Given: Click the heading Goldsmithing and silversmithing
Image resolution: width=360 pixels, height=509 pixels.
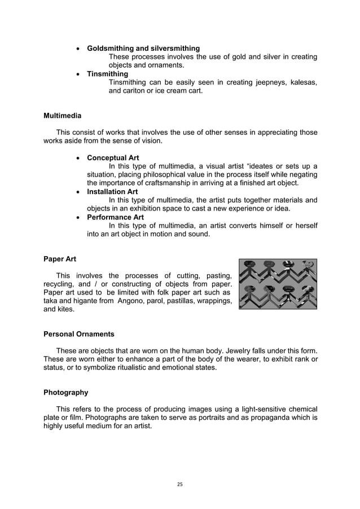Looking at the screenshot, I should click(143, 49).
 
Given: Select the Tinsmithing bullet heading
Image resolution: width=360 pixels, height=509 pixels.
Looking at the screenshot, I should click(107, 74).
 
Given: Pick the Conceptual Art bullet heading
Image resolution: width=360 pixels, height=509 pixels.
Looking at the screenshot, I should click(113, 157).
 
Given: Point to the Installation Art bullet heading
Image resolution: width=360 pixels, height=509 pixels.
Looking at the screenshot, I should click(112, 191).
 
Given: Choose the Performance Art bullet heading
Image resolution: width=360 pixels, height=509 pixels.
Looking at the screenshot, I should click(115, 217).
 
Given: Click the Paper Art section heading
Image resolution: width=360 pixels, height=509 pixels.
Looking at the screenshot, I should click(60, 260).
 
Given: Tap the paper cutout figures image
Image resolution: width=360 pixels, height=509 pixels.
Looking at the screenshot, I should click(278, 284).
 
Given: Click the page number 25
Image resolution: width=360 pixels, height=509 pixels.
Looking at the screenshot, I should click(180, 484).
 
